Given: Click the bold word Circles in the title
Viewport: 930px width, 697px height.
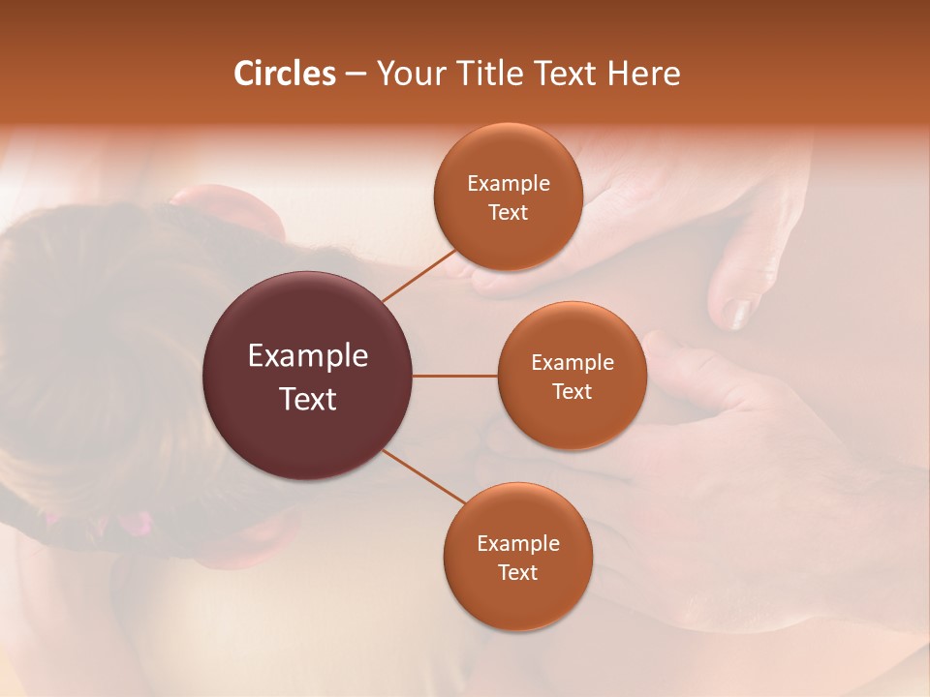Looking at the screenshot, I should [x=285, y=74].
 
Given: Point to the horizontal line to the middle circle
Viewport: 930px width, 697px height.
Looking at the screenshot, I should [x=454, y=376].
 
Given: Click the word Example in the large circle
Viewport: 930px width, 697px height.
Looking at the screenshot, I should [x=308, y=356].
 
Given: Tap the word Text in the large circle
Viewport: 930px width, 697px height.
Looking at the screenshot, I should [x=308, y=399].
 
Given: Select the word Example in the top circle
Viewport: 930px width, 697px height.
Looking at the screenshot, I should [x=508, y=184].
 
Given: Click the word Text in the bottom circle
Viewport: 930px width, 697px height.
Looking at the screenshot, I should [x=517, y=572].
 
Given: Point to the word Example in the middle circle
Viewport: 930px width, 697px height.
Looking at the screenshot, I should [x=572, y=363].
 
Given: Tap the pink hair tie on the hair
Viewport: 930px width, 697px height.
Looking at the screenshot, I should [x=133, y=524].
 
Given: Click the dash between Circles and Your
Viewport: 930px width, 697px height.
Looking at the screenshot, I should [x=356, y=74].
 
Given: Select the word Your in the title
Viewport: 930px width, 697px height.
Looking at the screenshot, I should [x=404, y=74].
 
